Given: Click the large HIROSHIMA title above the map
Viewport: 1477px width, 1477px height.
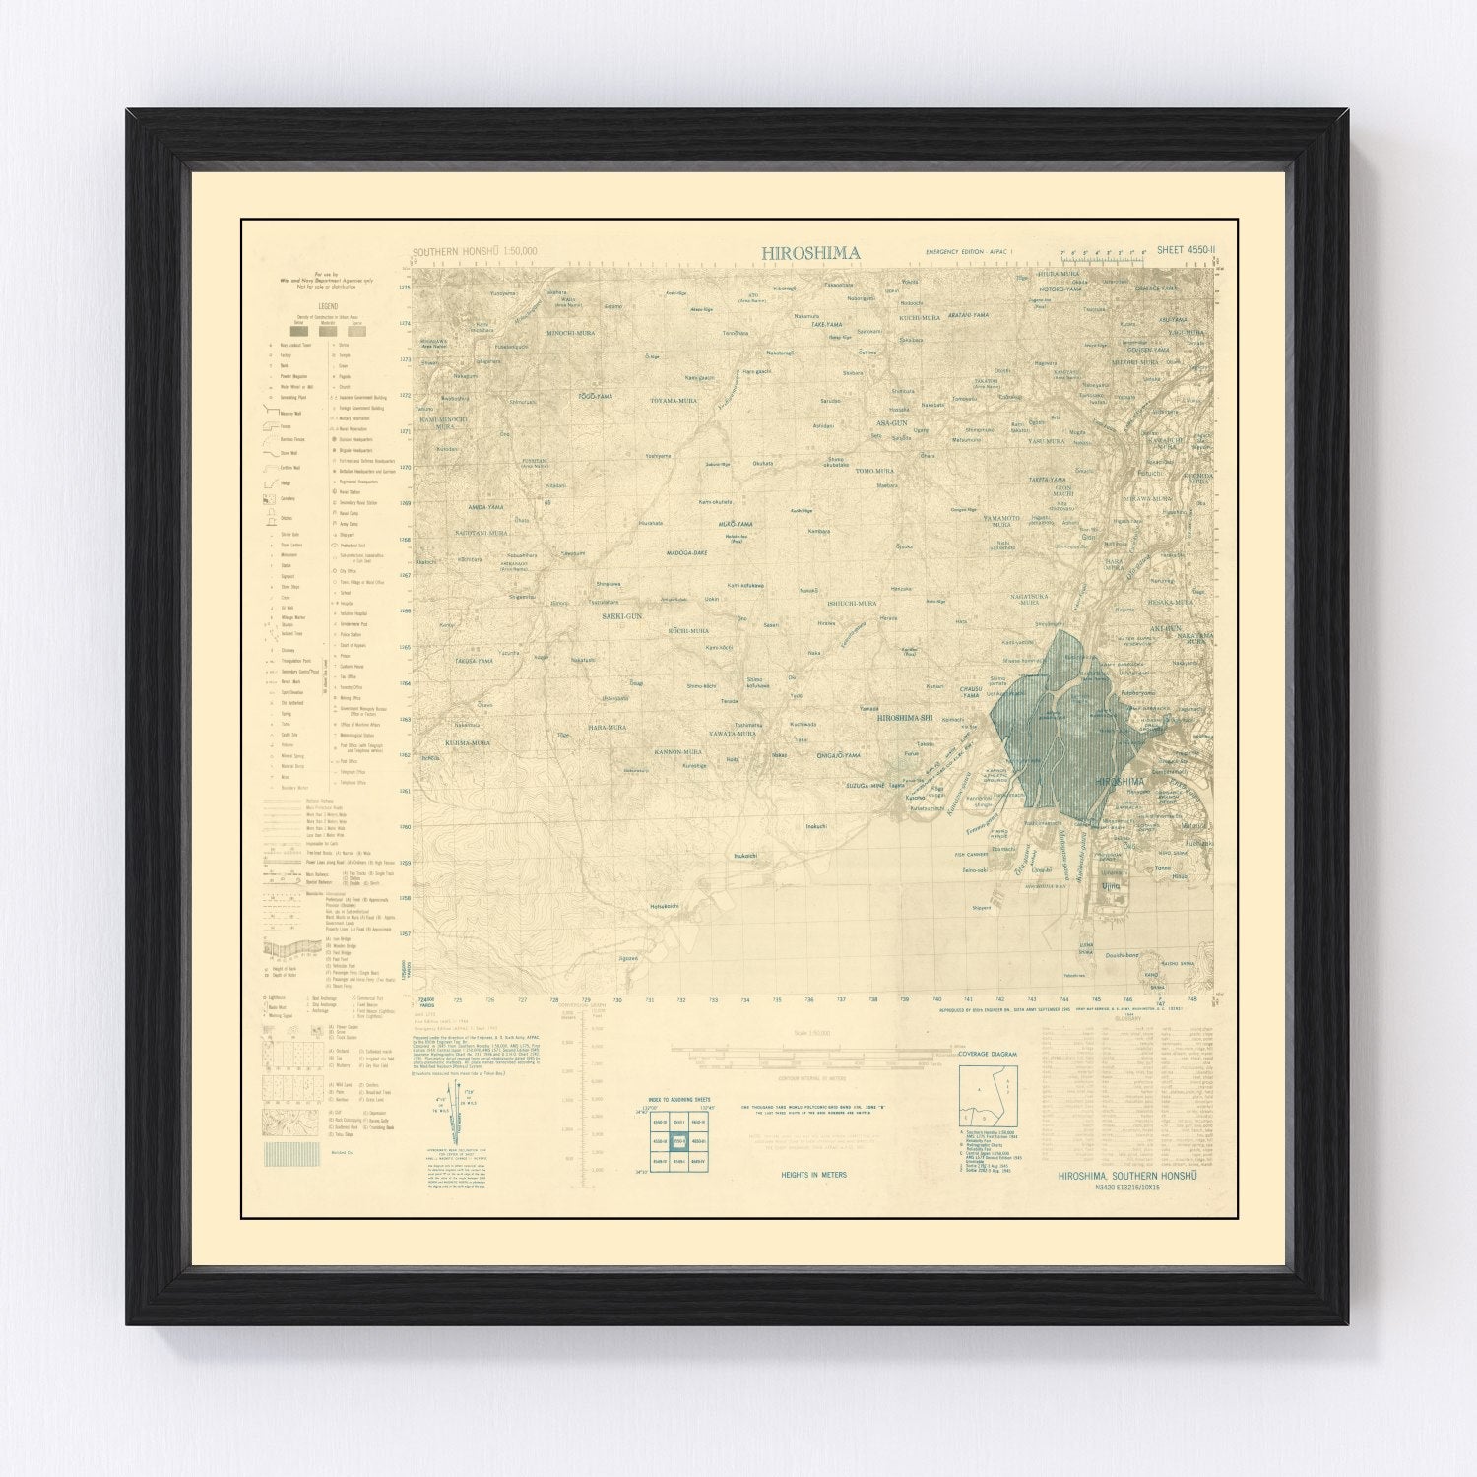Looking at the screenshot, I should [810, 253].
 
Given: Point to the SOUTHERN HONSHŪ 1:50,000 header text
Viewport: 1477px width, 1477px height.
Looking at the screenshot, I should [476, 252].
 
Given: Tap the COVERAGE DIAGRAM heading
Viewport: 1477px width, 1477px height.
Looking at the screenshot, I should [990, 1055].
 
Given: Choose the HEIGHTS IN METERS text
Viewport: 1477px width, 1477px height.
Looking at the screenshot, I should [813, 1175].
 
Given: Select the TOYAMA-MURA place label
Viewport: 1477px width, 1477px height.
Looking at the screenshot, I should [673, 402].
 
